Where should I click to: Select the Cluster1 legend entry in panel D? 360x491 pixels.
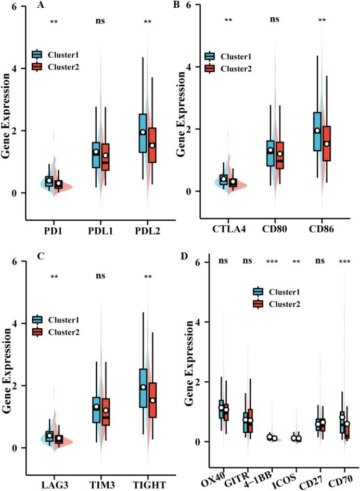(275, 292)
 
